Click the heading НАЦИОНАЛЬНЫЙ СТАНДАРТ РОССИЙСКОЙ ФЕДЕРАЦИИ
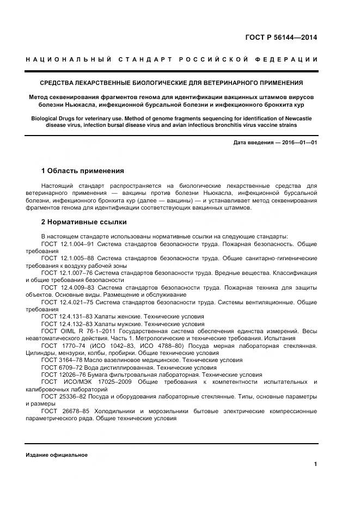(172, 59)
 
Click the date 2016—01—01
(300, 143)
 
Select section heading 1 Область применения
(82, 171)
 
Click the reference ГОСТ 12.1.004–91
(68, 244)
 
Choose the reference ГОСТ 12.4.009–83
(68, 287)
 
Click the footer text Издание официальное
(57, 455)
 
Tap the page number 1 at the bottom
(315, 464)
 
